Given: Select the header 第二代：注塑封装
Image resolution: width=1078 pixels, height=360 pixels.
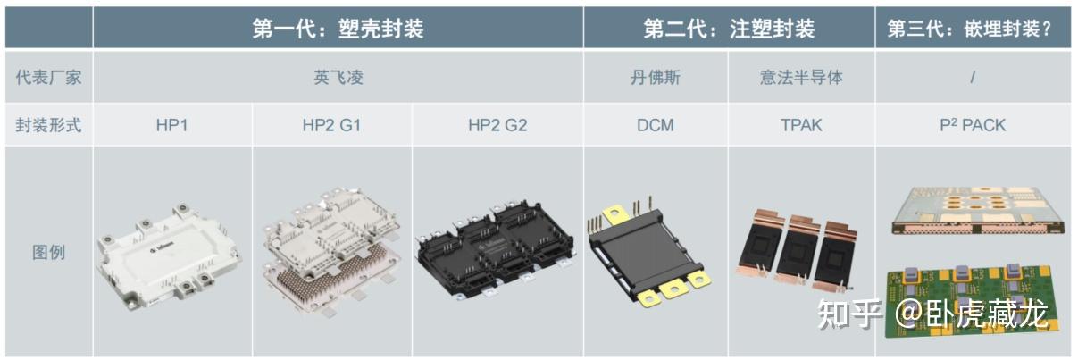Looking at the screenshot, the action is (729, 29).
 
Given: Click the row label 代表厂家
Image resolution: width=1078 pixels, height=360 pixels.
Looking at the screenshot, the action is (49, 77).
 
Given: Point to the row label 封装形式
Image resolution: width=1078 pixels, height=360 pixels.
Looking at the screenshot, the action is (49, 125).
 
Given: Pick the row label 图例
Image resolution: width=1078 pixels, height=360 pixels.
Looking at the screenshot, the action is (49, 252).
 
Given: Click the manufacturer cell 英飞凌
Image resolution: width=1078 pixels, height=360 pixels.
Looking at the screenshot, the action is (338, 77).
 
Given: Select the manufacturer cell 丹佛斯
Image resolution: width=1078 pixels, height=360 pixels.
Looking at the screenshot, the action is (655, 77).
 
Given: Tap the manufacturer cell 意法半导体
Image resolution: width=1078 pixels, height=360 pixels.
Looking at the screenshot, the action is (800, 77).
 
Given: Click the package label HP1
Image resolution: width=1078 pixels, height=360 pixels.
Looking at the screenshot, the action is (171, 125).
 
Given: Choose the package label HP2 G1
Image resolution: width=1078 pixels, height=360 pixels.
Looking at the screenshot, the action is (331, 125).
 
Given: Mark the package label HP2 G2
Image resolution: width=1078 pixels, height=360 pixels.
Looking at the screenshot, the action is (497, 125).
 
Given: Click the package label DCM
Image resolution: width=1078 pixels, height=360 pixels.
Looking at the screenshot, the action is (655, 125).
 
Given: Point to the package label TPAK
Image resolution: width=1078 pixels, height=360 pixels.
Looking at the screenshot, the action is (800, 125).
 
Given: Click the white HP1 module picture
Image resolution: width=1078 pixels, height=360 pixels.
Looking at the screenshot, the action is (171, 254).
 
